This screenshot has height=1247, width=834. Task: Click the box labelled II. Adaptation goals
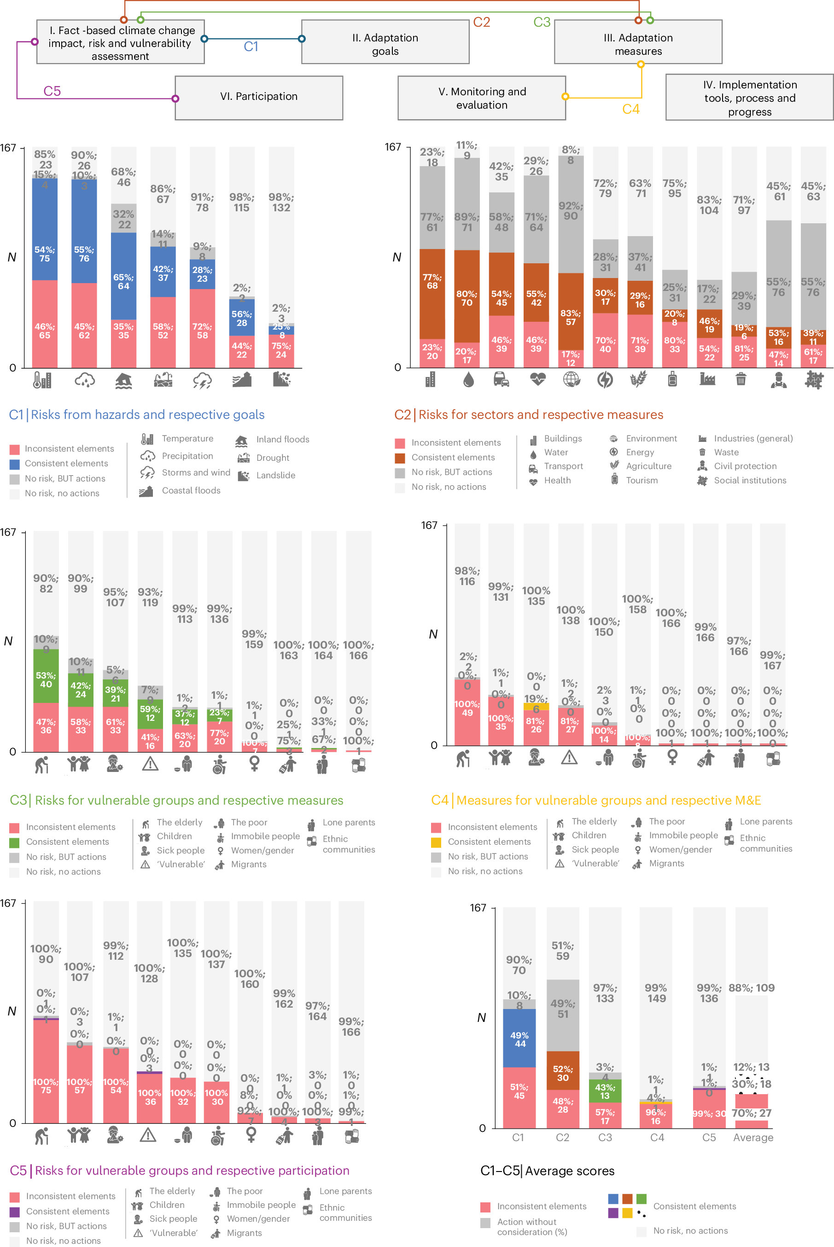click(385, 42)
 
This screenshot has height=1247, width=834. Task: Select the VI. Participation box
click(258, 97)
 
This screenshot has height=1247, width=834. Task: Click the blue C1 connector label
click(251, 47)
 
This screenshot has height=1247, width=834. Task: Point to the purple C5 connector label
click(52, 91)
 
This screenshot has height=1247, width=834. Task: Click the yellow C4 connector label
click(631, 109)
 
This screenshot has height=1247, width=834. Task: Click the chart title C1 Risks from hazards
click(137, 415)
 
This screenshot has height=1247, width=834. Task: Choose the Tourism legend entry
click(642, 481)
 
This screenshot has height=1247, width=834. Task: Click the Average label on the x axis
click(753, 1137)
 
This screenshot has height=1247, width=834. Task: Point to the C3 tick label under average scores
click(605, 1137)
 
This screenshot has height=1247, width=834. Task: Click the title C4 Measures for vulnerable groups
click(596, 800)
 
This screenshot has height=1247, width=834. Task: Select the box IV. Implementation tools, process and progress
click(749, 98)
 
